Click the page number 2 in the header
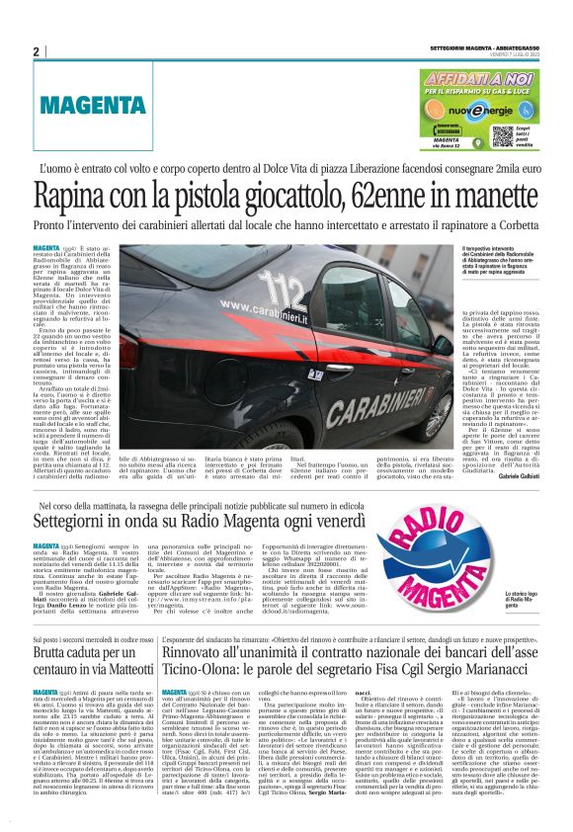click(36, 51)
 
